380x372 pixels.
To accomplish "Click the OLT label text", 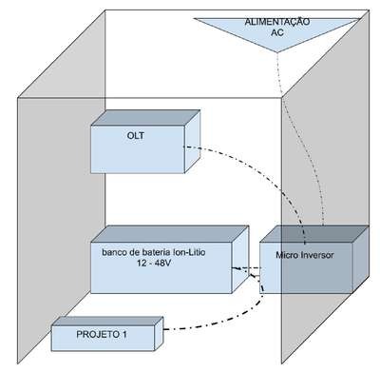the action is tap(136, 136).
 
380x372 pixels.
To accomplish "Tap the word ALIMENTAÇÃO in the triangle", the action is tap(277, 22).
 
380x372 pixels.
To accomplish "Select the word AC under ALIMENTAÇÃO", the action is tap(277, 32).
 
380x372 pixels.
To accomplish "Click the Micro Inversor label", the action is tap(305, 255).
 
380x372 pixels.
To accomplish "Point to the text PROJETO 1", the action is tap(102, 334).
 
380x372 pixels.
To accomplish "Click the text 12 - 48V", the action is tap(154, 263).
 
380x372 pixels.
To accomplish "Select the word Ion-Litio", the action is tap(188, 252).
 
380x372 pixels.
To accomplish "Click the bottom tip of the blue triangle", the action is tap(277, 52).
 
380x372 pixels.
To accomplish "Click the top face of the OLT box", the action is tap(145, 118).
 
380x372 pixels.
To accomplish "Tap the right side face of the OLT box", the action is tap(192, 142).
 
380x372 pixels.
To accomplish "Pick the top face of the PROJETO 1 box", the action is tap(107, 321).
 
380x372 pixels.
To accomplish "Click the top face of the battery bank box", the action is tap(169, 234).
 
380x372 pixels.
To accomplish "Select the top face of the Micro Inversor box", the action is tap(314, 234).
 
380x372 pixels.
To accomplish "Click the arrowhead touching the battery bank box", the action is tap(236, 269).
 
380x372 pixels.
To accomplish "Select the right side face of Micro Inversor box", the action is tap(361, 259).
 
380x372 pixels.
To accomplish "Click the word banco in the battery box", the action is tap(113, 252).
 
